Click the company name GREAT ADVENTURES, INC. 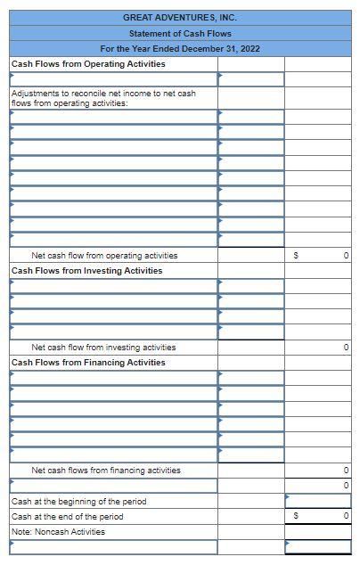[x=180, y=17]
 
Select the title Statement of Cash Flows [x=180, y=33]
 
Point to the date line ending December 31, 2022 [x=180, y=48]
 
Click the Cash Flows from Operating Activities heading [x=88, y=64]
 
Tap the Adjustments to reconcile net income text [x=102, y=98]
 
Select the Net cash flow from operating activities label [x=104, y=256]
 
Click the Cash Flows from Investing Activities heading [x=87, y=271]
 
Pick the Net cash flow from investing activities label [x=103, y=348]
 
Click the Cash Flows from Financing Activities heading [x=88, y=363]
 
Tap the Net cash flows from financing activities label [x=106, y=471]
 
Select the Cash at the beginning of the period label [x=78, y=502]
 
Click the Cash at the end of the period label [x=68, y=517]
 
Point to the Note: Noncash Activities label [x=59, y=532]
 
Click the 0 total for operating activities [x=345, y=257]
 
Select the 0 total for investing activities [x=345, y=348]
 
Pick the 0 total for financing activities [x=345, y=471]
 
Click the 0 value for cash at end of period [x=345, y=517]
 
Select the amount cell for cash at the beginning [x=318, y=501]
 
